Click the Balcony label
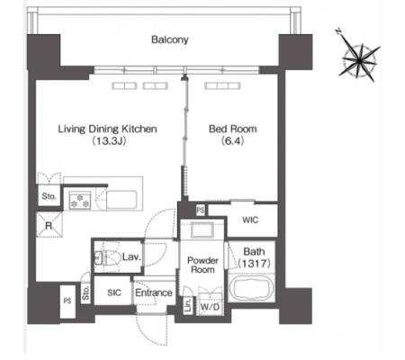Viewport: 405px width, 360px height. tap(170, 40)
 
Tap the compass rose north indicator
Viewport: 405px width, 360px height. tap(338, 32)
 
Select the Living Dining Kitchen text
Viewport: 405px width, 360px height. tap(107, 129)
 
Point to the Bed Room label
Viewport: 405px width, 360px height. tap(233, 129)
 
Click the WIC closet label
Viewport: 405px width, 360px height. tap(250, 220)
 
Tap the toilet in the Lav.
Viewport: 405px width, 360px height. tap(108, 256)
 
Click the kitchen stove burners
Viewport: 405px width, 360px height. tap(80, 200)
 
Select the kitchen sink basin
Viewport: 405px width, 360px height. tap(121, 200)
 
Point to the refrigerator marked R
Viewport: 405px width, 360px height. tap(49, 225)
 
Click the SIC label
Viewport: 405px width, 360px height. tap(114, 292)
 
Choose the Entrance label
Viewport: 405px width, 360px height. tap(154, 292)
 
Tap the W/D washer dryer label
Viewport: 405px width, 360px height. tap(210, 307)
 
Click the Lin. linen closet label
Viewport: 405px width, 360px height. tap(188, 306)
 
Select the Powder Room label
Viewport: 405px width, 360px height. tap(202, 265)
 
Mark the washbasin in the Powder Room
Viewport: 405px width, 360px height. tap(202, 230)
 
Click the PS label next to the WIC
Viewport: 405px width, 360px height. tap(201, 210)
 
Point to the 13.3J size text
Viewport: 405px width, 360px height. tap(109, 140)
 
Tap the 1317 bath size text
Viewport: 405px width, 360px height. tap(255, 264)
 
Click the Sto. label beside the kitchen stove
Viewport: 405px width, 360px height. tap(49, 196)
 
